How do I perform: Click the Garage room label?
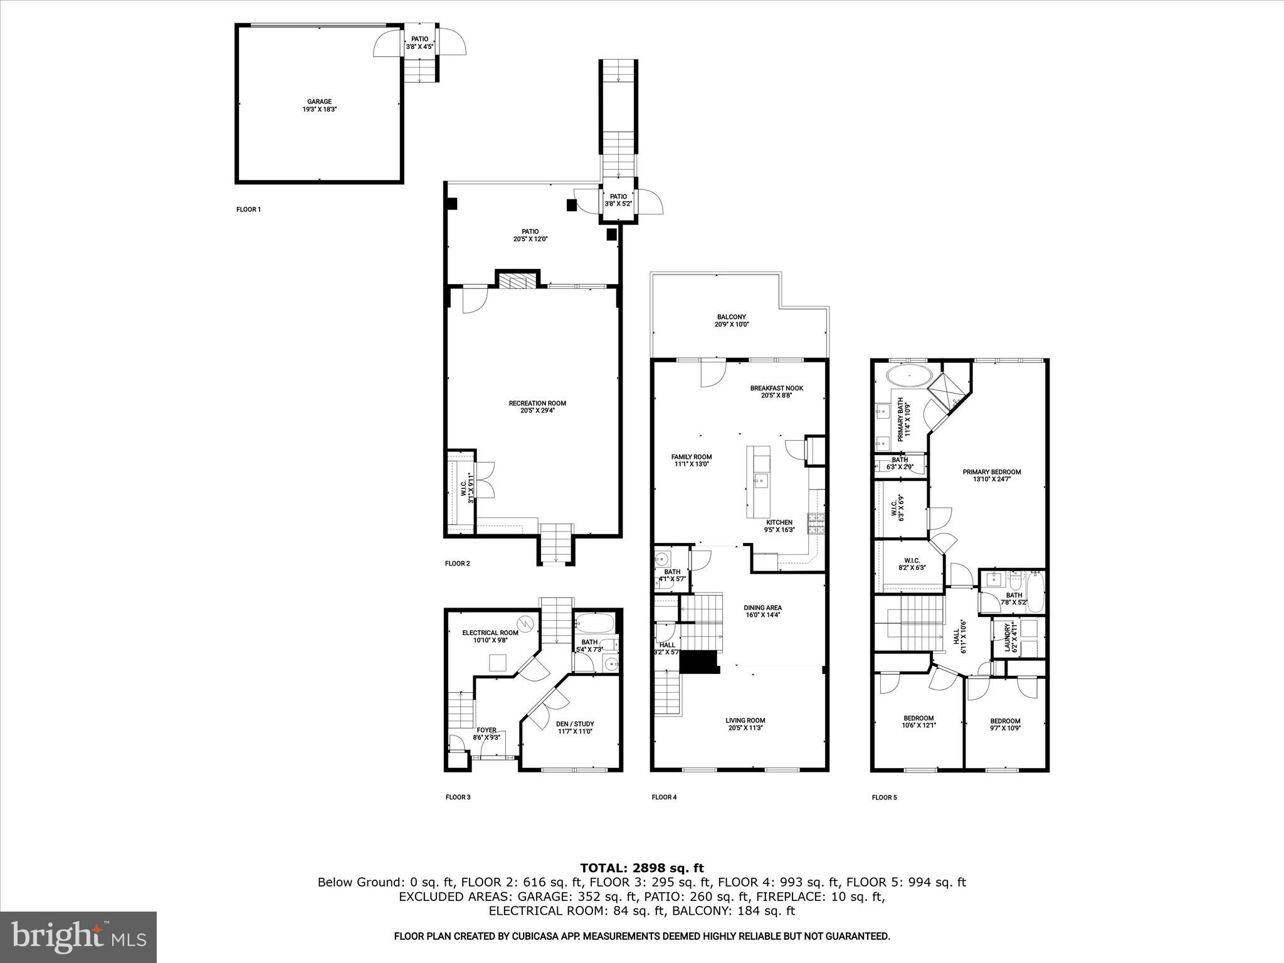click(x=319, y=105)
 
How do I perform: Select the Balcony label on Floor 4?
click(x=732, y=320)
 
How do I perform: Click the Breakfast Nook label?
click(x=776, y=391)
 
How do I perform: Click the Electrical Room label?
click(x=490, y=636)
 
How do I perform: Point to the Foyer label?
click(x=487, y=734)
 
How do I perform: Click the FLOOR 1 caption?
click(x=248, y=209)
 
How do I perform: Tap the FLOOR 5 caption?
click(x=884, y=797)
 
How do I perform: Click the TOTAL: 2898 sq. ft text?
click(x=641, y=868)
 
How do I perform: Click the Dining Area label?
click(x=762, y=611)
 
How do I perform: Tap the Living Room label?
click(x=745, y=724)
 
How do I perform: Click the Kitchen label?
click(x=779, y=525)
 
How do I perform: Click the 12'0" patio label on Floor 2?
click(x=530, y=235)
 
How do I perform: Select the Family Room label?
click(x=692, y=460)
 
